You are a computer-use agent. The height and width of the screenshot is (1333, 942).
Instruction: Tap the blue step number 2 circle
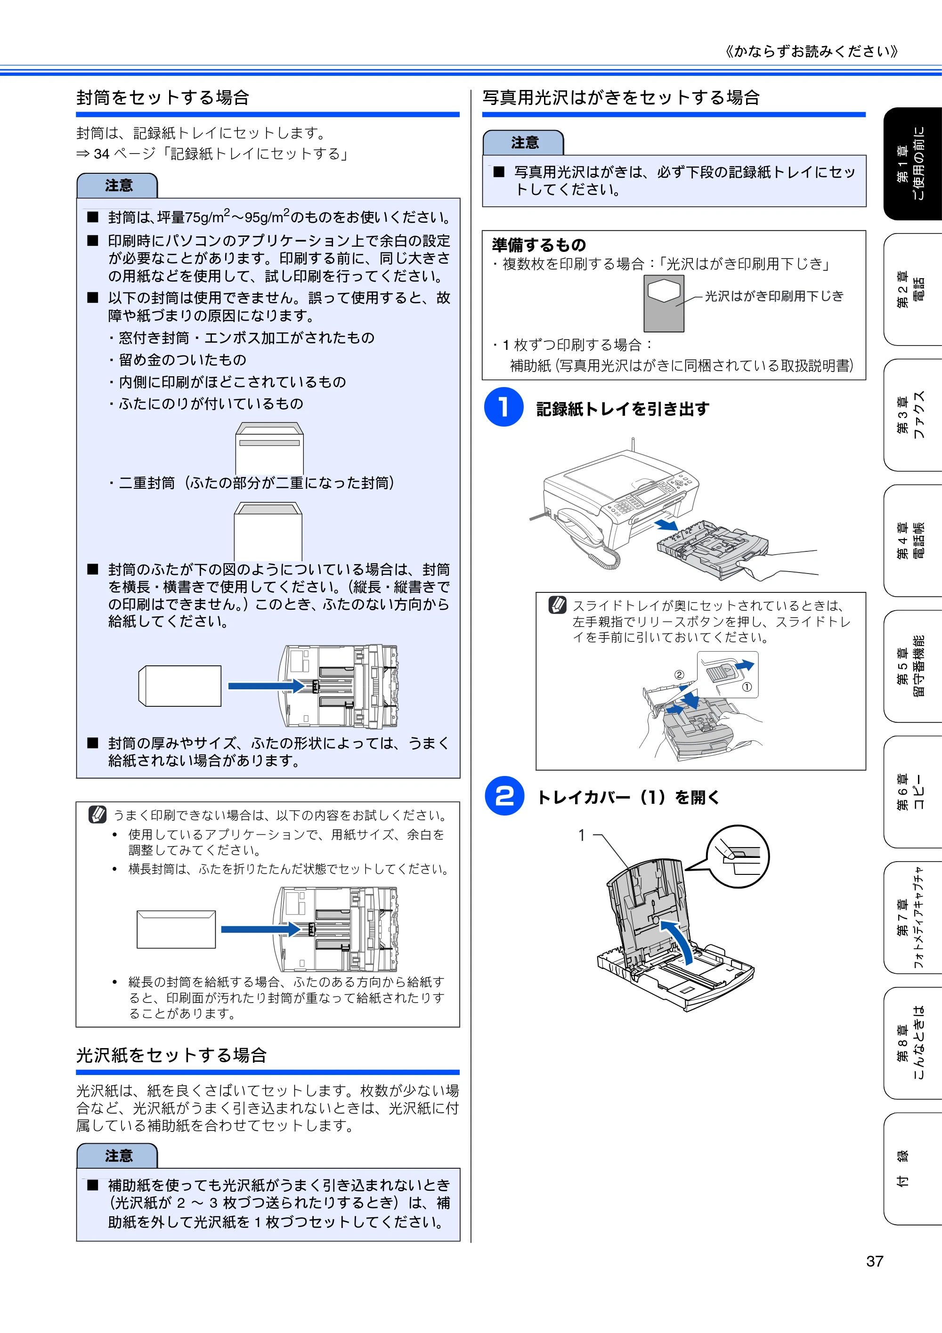(x=504, y=795)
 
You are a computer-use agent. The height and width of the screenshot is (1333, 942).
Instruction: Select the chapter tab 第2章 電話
(x=912, y=289)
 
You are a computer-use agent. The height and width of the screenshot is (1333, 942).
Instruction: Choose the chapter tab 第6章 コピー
(x=912, y=792)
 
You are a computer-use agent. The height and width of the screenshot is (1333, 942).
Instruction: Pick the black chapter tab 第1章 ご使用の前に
(x=912, y=164)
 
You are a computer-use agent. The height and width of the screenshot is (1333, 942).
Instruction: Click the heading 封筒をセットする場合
(x=162, y=97)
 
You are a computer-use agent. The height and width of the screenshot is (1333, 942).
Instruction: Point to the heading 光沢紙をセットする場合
(x=171, y=1055)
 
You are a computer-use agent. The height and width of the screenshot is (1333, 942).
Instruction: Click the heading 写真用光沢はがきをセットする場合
(x=621, y=97)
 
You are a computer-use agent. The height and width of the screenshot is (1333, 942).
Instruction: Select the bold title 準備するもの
(x=538, y=244)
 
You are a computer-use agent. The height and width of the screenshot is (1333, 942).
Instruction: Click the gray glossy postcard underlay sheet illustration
(x=664, y=303)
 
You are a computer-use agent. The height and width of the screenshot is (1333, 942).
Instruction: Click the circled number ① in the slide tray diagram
(x=747, y=687)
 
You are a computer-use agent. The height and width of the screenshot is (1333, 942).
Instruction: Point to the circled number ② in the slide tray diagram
(x=679, y=675)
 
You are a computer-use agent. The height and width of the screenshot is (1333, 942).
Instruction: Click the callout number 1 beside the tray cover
(x=581, y=835)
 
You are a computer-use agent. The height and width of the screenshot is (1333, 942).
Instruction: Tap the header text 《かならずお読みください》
(x=812, y=52)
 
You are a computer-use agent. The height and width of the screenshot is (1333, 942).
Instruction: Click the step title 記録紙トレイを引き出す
(x=623, y=409)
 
